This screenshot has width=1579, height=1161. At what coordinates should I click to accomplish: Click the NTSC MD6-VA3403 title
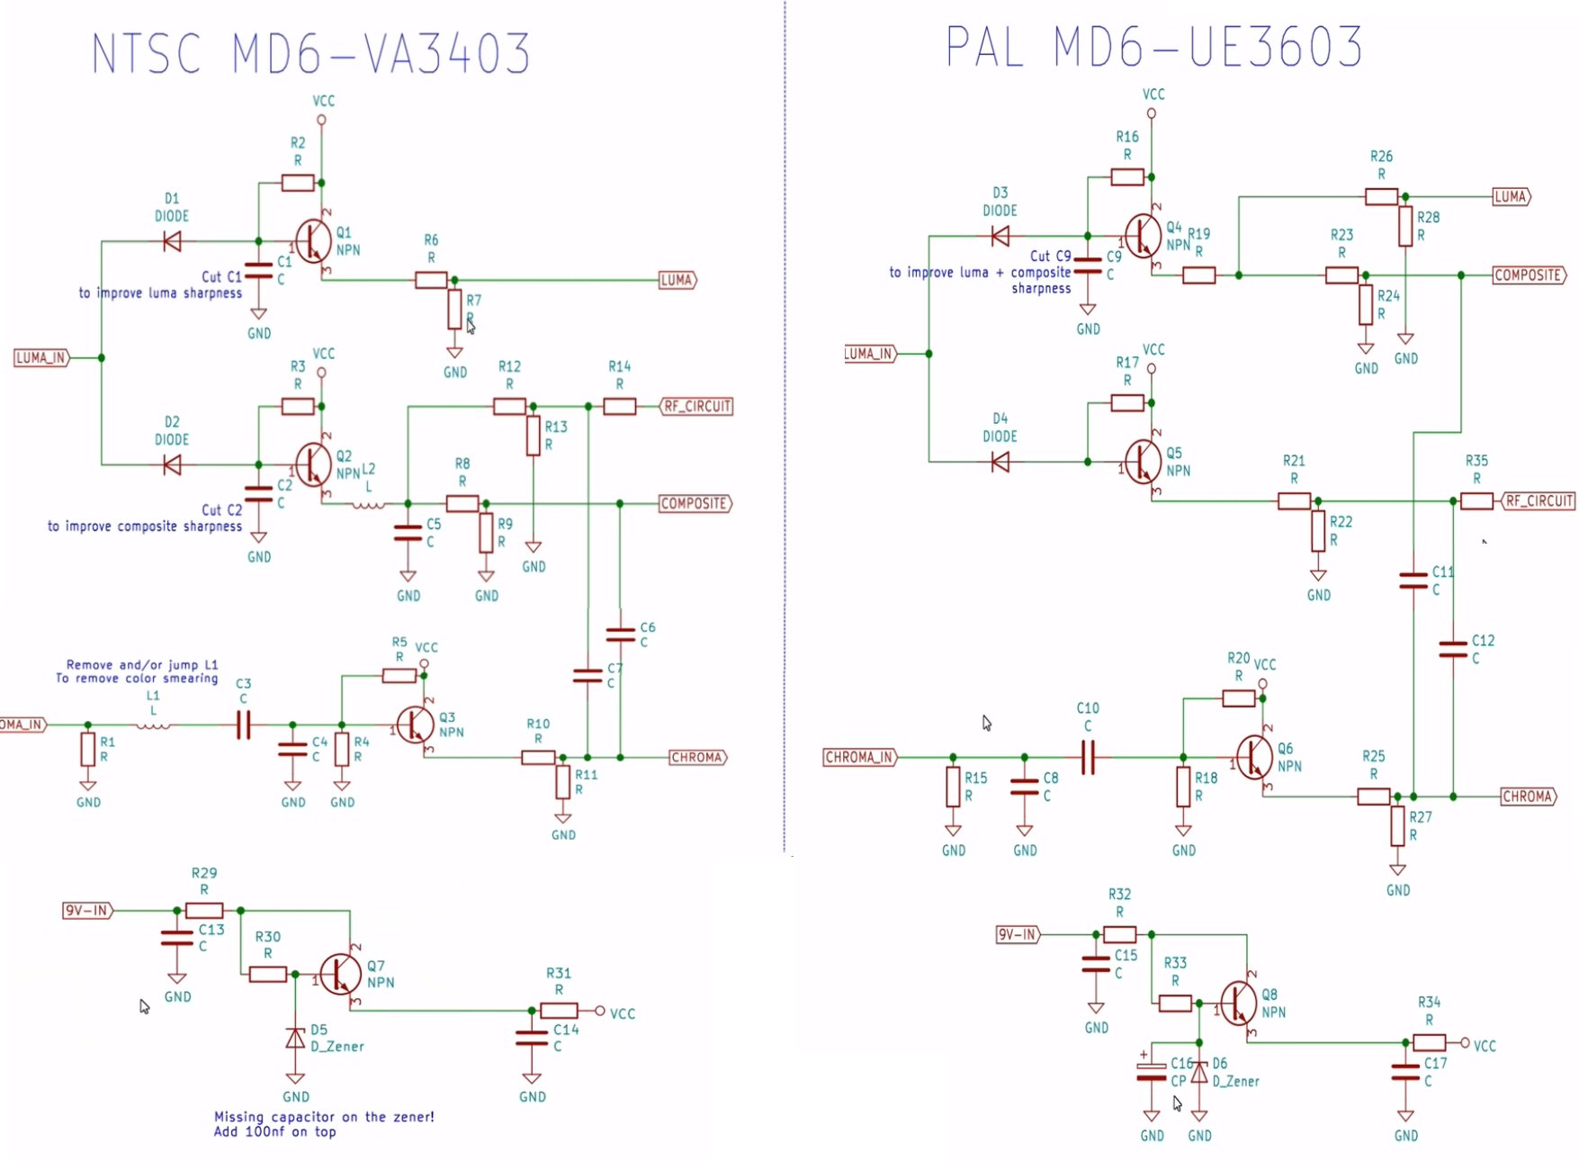(311, 53)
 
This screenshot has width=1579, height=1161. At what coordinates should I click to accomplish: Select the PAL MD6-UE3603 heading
(1154, 47)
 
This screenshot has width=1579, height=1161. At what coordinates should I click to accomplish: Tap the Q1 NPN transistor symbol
(314, 240)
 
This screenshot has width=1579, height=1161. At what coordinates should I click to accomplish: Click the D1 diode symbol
(171, 241)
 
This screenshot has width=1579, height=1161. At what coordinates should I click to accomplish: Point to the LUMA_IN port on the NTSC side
(41, 358)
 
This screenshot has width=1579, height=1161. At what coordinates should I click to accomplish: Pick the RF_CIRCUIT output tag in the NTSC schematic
(697, 407)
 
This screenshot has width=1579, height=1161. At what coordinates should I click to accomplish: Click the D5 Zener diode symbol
(295, 1039)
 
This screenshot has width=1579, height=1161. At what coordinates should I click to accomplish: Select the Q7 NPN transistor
(341, 975)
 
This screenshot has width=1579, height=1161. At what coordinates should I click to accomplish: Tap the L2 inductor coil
(367, 504)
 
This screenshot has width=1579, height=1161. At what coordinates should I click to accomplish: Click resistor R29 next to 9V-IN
(204, 911)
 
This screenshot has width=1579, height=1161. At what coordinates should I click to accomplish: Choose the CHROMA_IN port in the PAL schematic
(860, 758)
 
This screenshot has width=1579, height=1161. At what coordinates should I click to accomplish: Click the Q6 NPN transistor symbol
(1254, 757)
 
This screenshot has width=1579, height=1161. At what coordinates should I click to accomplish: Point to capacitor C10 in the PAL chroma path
(1088, 758)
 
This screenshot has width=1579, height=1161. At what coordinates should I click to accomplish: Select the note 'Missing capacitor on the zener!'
(324, 1117)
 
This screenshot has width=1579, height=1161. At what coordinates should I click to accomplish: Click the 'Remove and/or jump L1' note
(142, 665)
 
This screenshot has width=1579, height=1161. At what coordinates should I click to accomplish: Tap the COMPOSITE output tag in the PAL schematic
(1529, 275)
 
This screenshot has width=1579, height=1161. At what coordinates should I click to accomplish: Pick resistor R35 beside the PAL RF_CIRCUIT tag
(1476, 501)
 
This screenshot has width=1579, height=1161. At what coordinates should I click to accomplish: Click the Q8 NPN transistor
(1239, 1003)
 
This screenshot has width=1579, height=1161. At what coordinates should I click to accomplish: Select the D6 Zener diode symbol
(1199, 1073)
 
